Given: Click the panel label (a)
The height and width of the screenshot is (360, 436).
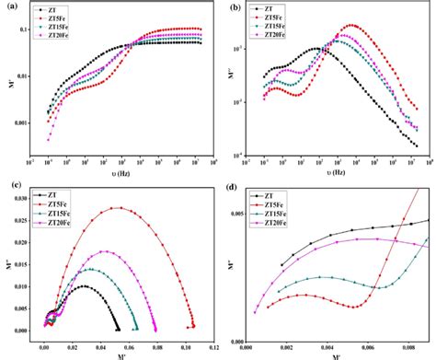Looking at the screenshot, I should tap(9, 7).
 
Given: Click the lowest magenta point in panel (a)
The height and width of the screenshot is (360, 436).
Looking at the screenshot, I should tap(49, 138).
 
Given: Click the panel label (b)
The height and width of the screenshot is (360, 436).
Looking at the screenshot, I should tap(235, 8).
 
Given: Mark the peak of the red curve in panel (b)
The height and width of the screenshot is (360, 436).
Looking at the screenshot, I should tap(352, 26).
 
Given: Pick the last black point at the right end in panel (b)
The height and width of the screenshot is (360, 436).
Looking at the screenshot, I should tap(416, 145).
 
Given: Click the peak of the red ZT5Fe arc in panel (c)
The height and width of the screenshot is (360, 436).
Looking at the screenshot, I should tap(116, 208).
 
